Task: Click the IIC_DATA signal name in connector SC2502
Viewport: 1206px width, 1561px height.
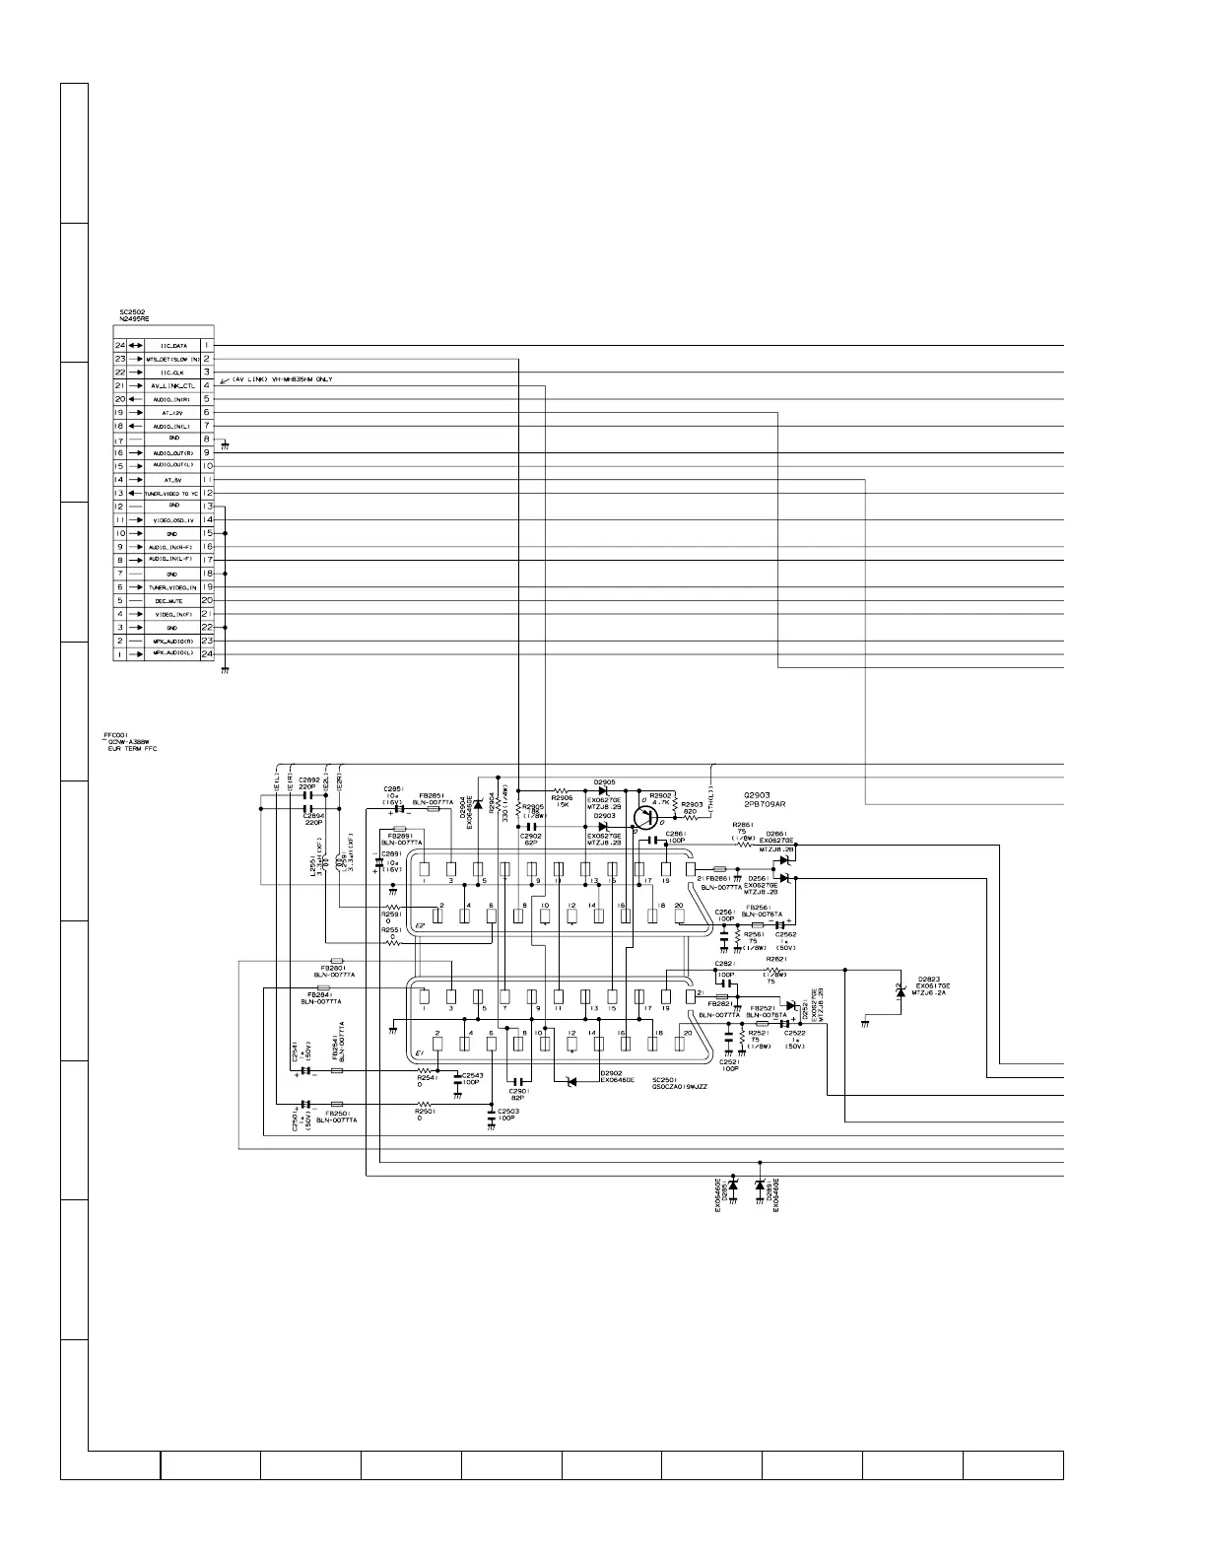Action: tap(173, 346)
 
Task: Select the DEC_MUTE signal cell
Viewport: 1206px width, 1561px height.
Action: tap(173, 600)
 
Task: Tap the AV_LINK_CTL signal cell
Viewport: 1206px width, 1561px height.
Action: tap(173, 386)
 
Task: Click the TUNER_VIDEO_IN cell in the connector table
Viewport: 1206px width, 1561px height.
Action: tap(173, 587)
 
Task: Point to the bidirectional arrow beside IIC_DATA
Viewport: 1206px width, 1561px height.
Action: tap(135, 346)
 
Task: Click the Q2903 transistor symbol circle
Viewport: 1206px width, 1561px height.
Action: tap(645, 817)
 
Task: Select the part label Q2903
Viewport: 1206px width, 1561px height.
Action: tap(761, 794)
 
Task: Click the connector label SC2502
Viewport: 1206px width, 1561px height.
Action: tap(133, 312)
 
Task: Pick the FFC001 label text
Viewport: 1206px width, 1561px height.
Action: tap(117, 734)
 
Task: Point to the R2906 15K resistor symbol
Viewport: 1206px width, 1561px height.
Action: tap(563, 790)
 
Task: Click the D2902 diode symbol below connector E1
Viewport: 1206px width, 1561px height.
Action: tap(570, 1082)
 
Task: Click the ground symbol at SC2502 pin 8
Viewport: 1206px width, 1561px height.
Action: tap(226, 444)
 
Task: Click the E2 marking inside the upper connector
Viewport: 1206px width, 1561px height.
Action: tap(420, 925)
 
